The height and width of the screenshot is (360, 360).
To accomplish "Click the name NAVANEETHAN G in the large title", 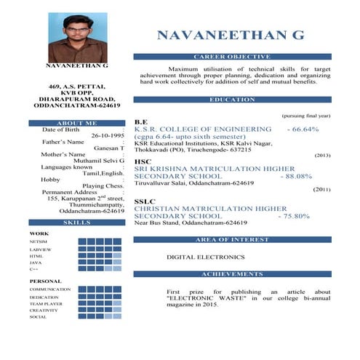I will pos(231,35).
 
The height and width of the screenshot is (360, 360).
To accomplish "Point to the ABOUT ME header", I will pos(76,124).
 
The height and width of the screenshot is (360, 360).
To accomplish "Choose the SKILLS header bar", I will pos(76,222).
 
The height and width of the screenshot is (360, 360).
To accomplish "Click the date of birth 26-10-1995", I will pos(108,136).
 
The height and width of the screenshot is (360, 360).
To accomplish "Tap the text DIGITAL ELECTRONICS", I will pos(206,257).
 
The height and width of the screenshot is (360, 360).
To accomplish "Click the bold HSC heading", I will pos(143,161).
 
